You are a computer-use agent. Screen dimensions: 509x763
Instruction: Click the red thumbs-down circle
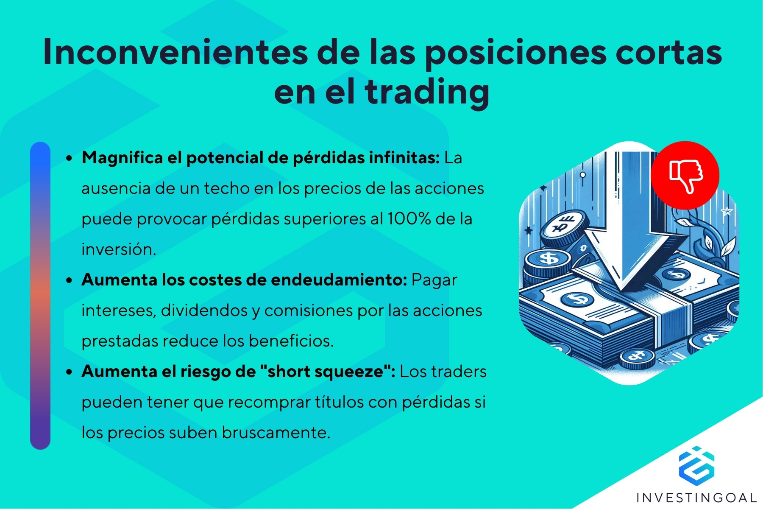pyautogui.click(x=685, y=175)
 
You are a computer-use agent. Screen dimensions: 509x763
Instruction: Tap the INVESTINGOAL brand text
pyautogui.click(x=696, y=497)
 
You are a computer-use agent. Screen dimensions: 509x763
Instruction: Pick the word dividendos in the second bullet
pyautogui.click(x=204, y=310)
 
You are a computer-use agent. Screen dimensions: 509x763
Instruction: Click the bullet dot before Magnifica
pyautogui.click(x=69, y=158)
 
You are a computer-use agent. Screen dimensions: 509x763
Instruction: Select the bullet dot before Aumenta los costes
pyautogui.click(x=69, y=280)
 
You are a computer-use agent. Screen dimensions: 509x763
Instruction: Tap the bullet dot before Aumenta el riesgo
pyautogui.click(x=69, y=372)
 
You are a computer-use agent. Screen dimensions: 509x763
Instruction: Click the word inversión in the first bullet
pyautogui.click(x=119, y=249)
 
